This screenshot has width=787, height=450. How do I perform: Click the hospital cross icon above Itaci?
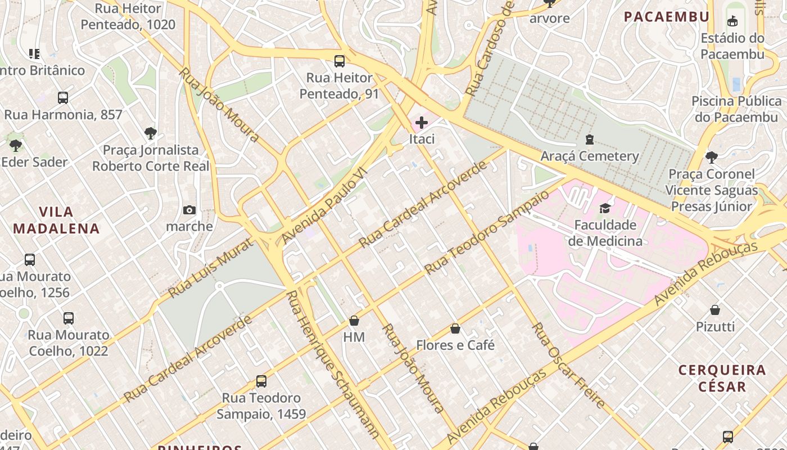click(x=421, y=123)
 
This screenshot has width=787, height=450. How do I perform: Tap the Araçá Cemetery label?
click(x=590, y=156)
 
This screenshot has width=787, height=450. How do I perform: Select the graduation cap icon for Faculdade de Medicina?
click(x=605, y=209)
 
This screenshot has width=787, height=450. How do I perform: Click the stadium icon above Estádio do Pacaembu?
click(x=732, y=22)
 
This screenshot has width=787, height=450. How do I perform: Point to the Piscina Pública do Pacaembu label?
click(x=736, y=109)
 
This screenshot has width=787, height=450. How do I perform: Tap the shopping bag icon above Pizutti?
click(x=715, y=310)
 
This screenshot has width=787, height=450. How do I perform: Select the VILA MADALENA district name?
click(x=56, y=220)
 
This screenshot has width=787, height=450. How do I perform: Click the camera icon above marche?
click(x=189, y=210)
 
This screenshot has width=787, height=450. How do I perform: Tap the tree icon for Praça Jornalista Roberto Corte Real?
click(x=150, y=133)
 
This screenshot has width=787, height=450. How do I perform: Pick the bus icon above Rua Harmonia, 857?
click(x=63, y=98)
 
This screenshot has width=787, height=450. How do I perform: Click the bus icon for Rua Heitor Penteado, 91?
click(x=340, y=61)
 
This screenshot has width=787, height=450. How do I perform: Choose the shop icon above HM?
click(x=354, y=321)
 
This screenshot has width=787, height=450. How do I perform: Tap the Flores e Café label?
click(x=455, y=345)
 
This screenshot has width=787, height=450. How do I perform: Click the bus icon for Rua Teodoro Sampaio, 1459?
click(x=261, y=381)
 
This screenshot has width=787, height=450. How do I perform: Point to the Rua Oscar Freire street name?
click(x=568, y=366)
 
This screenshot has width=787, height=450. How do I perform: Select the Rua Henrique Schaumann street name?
click(x=332, y=366)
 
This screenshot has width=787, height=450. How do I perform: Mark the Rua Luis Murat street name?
click(x=211, y=267)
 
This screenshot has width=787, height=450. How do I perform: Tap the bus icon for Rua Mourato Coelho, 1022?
click(x=69, y=318)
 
